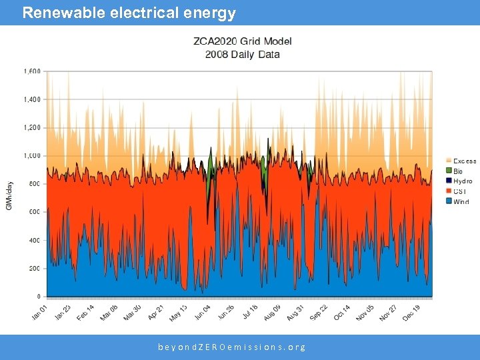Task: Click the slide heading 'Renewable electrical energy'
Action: click(x=129, y=13)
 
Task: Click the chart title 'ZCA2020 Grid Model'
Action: click(x=242, y=41)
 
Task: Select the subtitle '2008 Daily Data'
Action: click(x=242, y=54)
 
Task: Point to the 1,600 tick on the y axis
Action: click(x=32, y=71)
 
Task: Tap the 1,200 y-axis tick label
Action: click(x=32, y=127)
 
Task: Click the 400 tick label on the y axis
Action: click(x=34, y=240)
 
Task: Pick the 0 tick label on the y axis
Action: click(x=38, y=296)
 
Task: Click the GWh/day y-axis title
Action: click(x=9, y=196)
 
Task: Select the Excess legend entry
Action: click(x=465, y=161)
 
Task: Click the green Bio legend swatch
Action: click(x=448, y=171)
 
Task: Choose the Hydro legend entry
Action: click(x=463, y=181)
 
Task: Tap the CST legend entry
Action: click(x=460, y=191)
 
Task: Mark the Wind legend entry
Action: click(x=461, y=201)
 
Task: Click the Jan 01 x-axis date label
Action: click(x=40, y=311)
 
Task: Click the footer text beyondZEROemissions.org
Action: click(x=232, y=347)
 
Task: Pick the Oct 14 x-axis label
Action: click(x=341, y=311)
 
